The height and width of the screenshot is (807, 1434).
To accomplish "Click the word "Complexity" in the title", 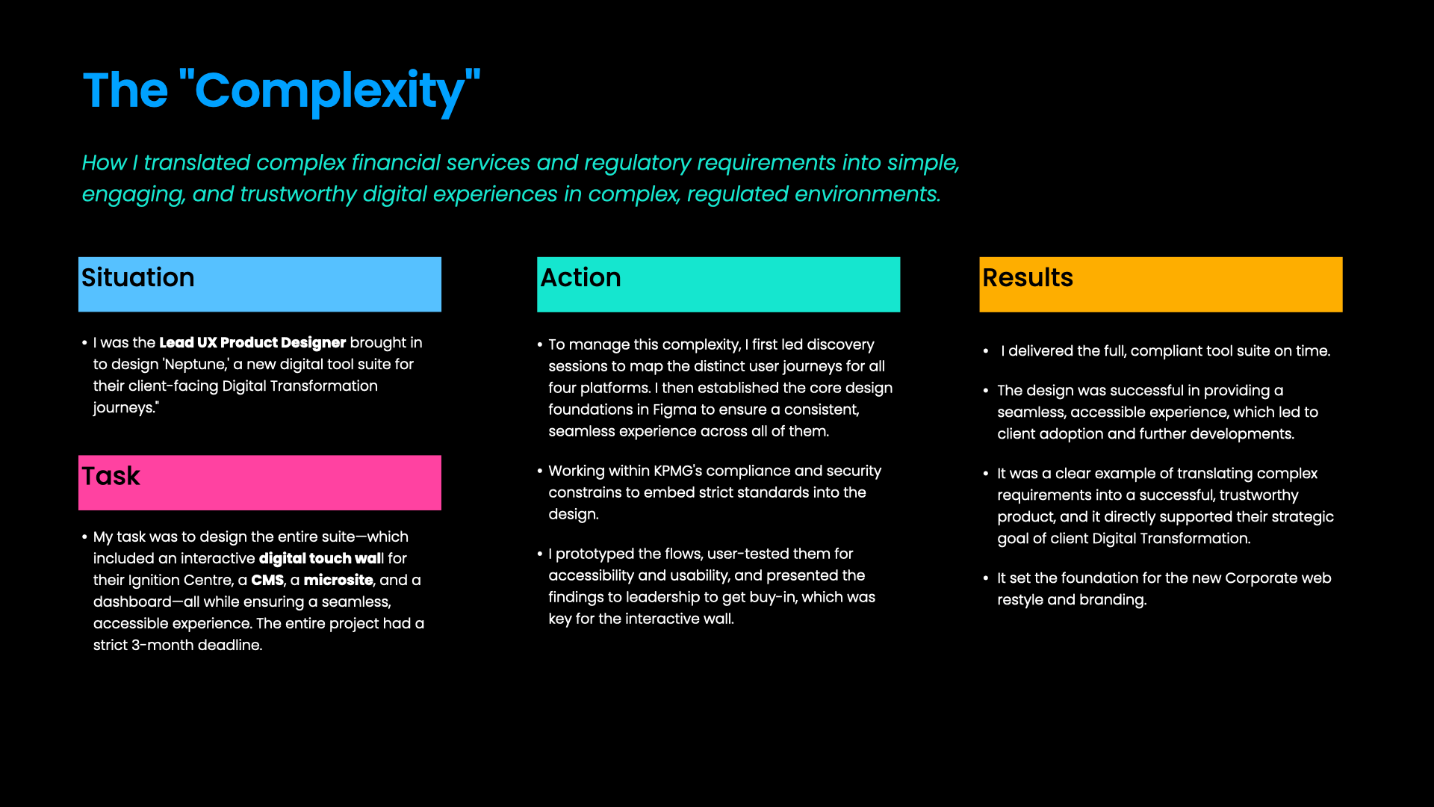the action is pyautogui.click(x=329, y=91).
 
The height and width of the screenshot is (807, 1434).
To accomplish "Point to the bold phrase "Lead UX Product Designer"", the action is pyautogui.click(x=252, y=342).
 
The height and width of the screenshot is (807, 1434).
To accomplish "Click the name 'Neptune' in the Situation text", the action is pyautogui.click(x=196, y=364).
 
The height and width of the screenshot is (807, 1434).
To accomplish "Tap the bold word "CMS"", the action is pyautogui.click(x=267, y=580).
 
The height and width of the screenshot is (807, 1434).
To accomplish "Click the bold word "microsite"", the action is pyautogui.click(x=338, y=580).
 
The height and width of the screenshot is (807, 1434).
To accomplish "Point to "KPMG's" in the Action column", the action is pyautogui.click(x=677, y=471).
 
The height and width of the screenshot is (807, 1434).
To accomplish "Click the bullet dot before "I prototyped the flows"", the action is pyautogui.click(x=540, y=554).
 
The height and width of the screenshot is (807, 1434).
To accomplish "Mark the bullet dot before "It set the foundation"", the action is pyautogui.click(x=986, y=578).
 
